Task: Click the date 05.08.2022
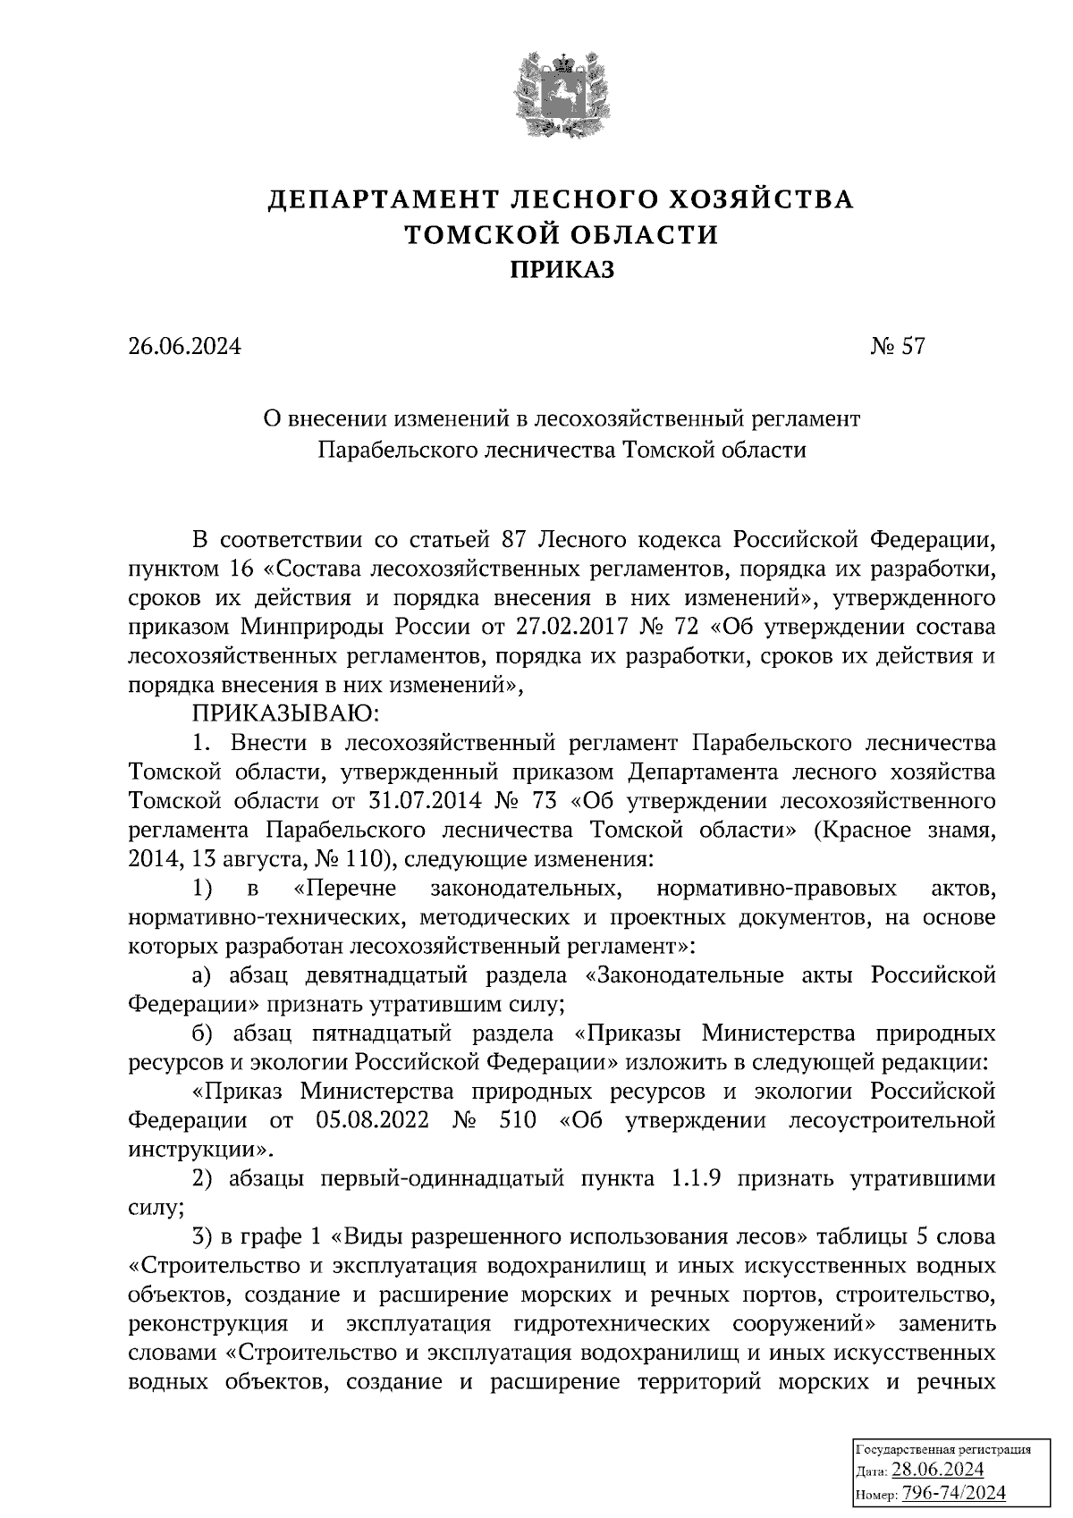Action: tap(376, 1120)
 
